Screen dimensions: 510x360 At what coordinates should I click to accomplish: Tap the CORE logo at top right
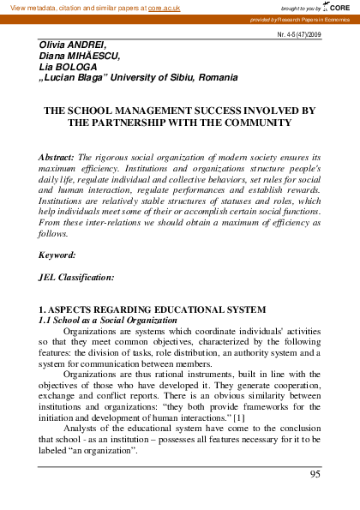[339, 6]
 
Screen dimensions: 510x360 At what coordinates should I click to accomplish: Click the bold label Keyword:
[57, 255]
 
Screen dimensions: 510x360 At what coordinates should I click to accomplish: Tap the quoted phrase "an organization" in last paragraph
[111, 450]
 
